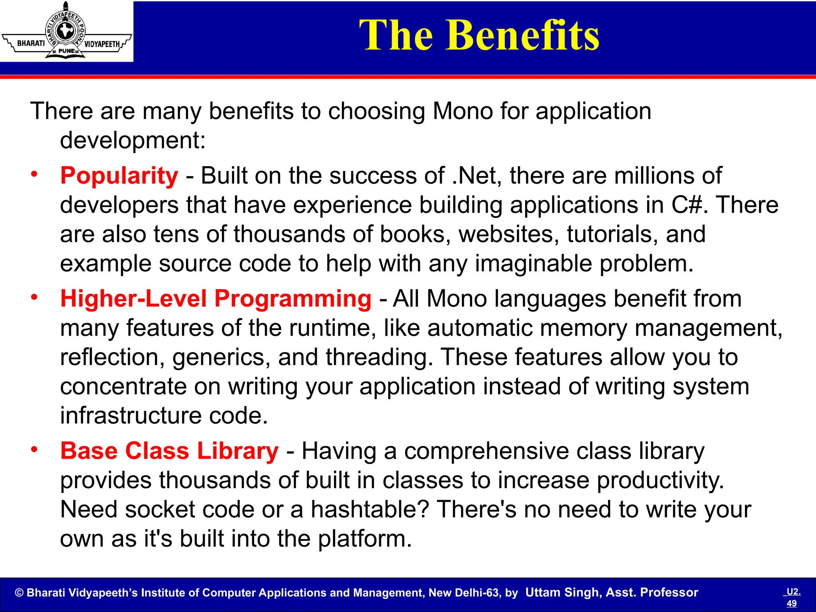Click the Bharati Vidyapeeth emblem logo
[x=66, y=31]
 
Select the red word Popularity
[x=119, y=176]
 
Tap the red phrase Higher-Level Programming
[x=216, y=299]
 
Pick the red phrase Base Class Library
[x=169, y=451]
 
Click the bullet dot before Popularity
[x=35, y=174]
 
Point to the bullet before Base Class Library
[x=35, y=449]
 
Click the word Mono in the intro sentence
[x=463, y=111]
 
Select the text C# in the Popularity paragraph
[x=686, y=205]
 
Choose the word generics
[x=218, y=358]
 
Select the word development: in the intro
[x=133, y=140]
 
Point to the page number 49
[x=791, y=603]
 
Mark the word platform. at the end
[x=365, y=539]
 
